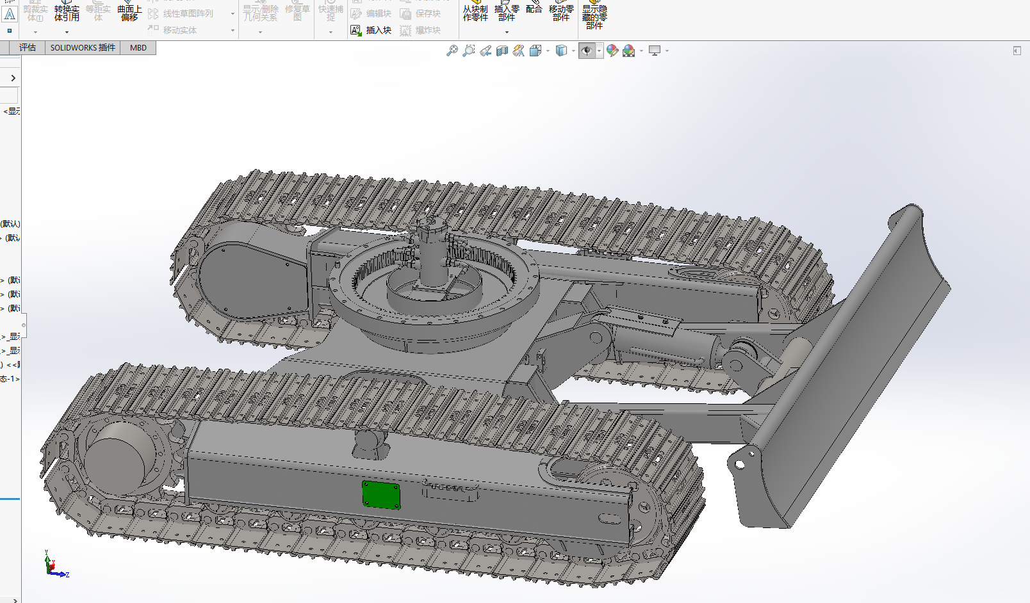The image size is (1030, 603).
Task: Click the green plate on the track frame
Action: tap(381, 495)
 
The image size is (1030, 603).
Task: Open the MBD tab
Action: tap(138, 48)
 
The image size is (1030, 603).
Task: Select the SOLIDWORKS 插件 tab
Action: tap(83, 48)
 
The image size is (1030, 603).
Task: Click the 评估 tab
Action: tap(28, 48)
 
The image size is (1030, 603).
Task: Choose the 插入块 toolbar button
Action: tap(372, 30)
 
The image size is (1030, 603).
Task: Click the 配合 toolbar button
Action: tap(534, 9)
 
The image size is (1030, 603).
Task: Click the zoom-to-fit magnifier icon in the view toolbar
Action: tap(452, 51)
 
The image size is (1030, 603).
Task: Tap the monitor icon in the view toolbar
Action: tap(654, 51)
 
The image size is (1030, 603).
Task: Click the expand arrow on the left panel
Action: tap(13, 78)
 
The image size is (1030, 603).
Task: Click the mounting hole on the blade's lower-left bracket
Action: tap(740, 463)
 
